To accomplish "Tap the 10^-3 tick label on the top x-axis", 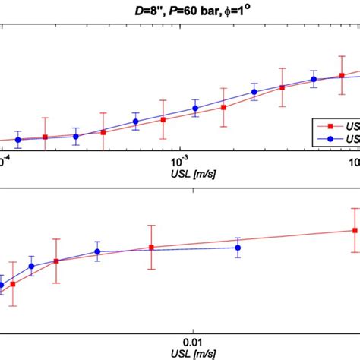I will coord(179,162).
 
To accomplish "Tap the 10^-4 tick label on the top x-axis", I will coord(3,162).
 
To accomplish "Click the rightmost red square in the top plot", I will coord(342,75).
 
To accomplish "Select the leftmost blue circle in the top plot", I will coord(17,140).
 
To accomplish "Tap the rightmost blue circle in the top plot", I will coord(314,79).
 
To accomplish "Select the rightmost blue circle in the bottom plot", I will coord(238,248).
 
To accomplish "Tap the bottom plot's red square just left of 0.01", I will coord(151,248).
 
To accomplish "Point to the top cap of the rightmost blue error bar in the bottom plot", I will coord(238,238).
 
